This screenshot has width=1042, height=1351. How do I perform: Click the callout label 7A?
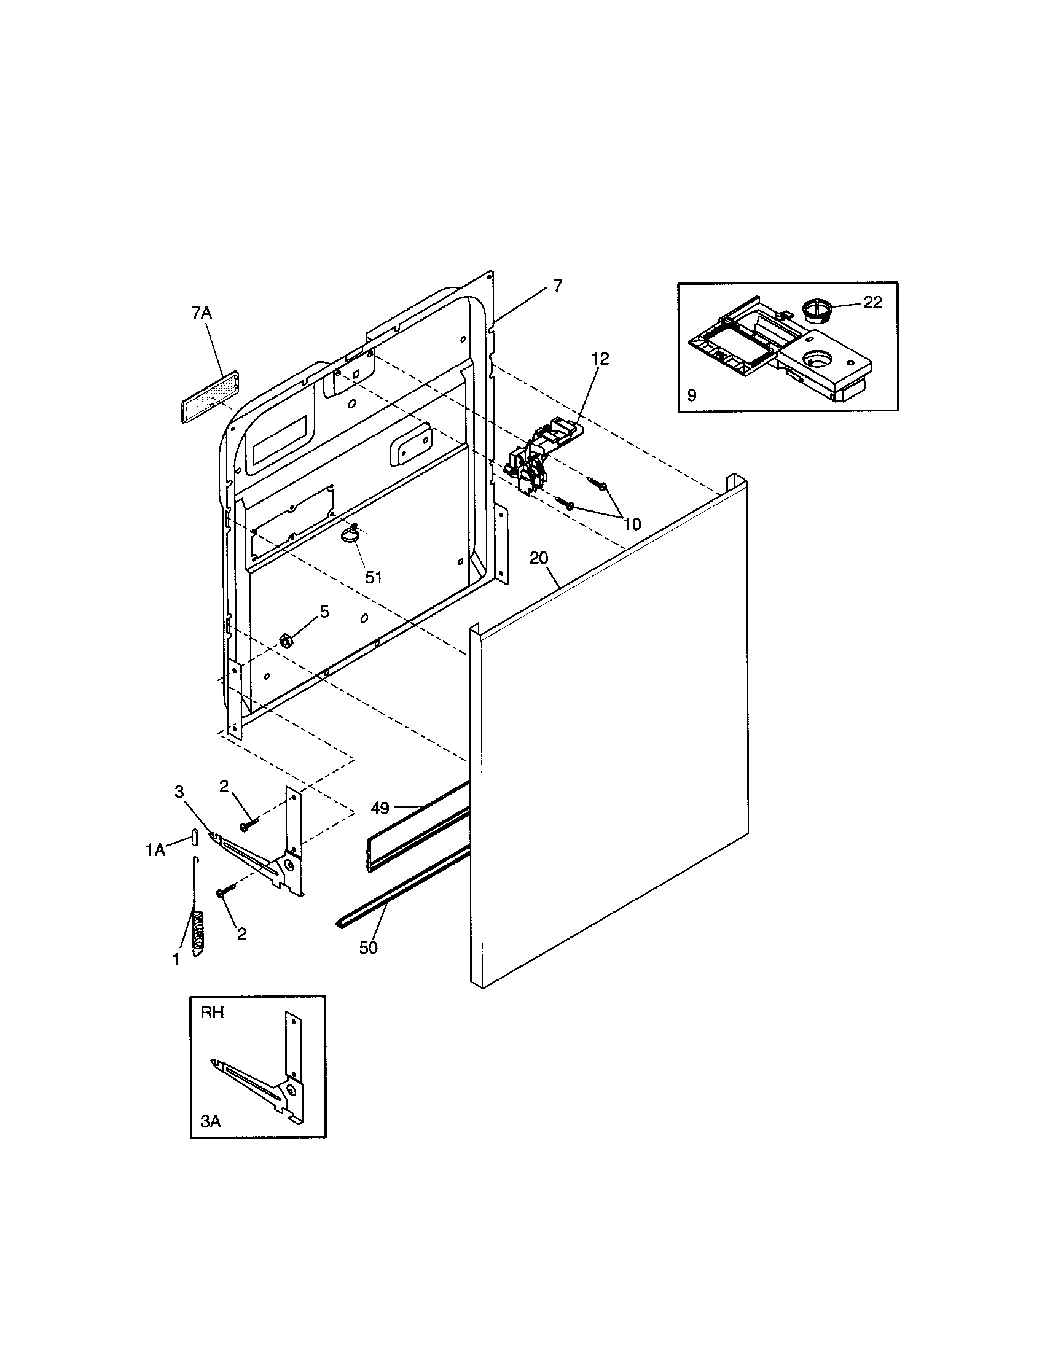201,313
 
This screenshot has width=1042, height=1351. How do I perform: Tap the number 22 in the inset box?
872,303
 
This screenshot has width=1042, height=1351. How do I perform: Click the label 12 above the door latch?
600,359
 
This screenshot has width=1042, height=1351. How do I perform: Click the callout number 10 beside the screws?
632,524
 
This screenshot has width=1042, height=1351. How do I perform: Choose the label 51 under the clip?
373,577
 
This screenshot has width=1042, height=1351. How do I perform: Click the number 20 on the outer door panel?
539,558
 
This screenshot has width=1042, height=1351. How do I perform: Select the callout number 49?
380,808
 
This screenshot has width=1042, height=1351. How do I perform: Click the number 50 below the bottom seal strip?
368,948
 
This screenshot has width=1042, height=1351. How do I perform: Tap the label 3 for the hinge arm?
179,792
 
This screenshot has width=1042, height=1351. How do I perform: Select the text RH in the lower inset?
211,1013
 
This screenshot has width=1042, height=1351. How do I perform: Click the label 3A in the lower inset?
210,1121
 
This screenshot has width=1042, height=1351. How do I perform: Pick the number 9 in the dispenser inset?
692,395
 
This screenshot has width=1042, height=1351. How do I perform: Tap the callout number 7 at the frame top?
557,286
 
